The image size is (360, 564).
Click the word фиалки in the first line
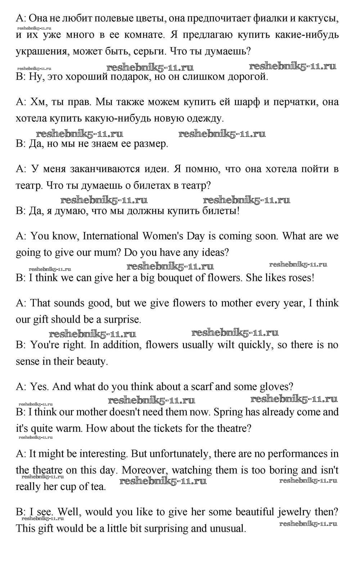tap(266, 18)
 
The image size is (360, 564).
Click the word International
tap(111, 236)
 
